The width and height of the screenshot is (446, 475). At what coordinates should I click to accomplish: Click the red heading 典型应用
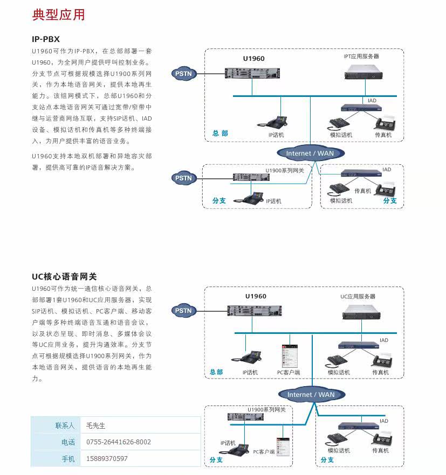(58, 15)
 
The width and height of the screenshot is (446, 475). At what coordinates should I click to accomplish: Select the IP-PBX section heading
(46, 39)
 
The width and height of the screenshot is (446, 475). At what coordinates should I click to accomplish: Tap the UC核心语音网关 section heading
(64, 276)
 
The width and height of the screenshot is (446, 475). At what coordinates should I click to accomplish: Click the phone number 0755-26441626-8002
(119, 442)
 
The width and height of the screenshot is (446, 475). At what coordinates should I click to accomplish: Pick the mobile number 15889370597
(107, 459)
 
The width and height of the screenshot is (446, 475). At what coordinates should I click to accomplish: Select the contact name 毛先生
(96, 425)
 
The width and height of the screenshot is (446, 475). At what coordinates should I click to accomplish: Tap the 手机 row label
(68, 459)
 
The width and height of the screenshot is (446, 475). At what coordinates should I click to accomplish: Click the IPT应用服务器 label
(361, 56)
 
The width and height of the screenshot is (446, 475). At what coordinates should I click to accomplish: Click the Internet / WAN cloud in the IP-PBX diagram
(310, 153)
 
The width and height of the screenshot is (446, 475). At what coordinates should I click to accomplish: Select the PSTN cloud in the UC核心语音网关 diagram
(184, 311)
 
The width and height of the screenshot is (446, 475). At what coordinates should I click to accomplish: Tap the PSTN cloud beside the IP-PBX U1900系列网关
(184, 178)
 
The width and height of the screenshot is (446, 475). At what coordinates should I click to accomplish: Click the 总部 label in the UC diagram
(216, 372)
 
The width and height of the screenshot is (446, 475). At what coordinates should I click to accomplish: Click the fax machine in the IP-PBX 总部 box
(386, 124)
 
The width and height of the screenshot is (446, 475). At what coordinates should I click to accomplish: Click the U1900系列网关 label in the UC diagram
(266, 409)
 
